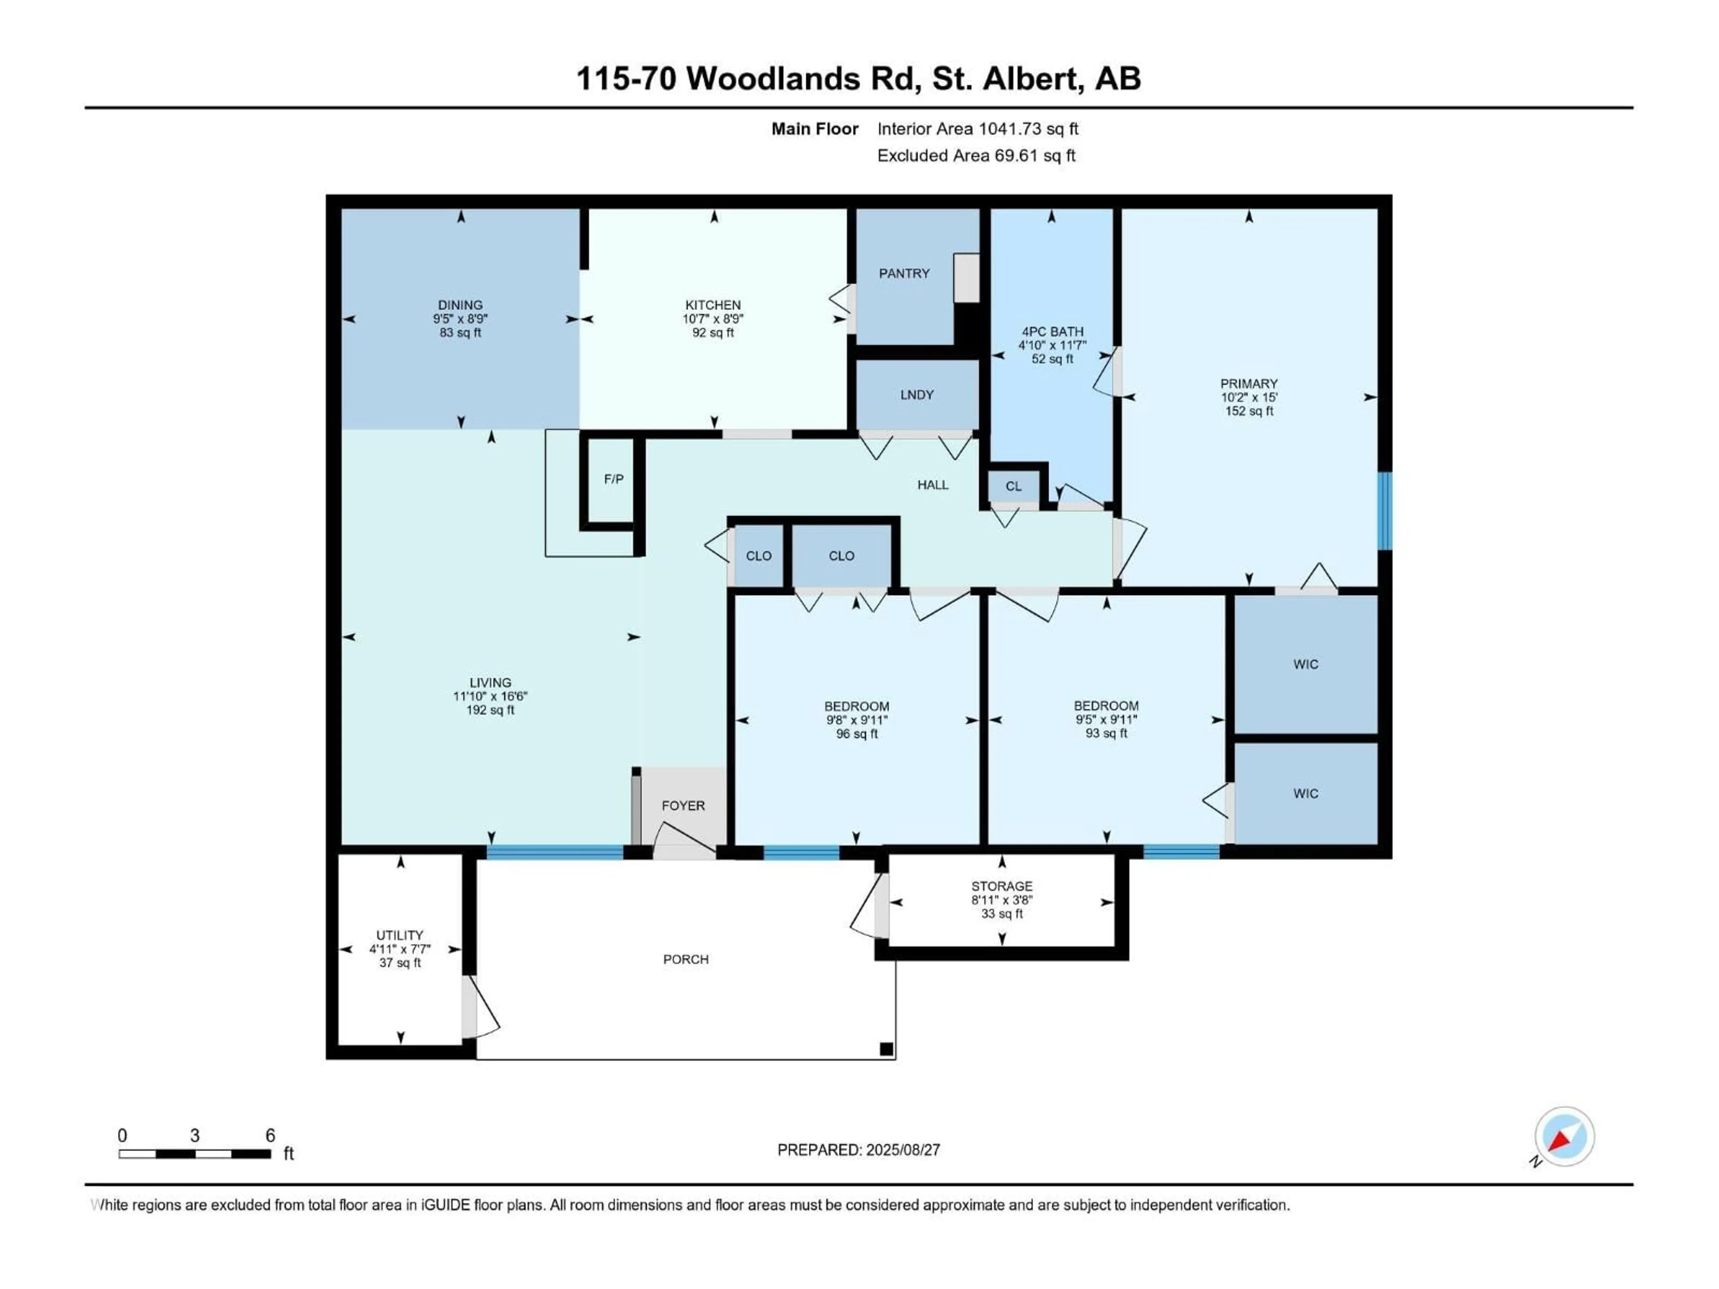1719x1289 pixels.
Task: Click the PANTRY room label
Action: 904,273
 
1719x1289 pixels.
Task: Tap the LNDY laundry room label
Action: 916,395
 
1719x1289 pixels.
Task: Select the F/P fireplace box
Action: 613,479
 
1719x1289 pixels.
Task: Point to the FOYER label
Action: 683,806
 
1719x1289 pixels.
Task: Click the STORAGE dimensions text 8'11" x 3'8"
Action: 1002,900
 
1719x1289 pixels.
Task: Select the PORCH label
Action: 685,960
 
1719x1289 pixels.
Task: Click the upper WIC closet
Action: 1305,664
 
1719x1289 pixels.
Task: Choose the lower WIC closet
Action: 1305,793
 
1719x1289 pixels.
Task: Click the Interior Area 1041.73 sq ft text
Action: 978,129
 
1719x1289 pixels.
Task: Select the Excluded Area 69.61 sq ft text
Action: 976,155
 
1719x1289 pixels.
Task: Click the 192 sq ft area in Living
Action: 490,710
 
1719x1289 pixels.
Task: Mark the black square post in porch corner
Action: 886,1049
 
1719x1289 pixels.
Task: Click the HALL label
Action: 932,485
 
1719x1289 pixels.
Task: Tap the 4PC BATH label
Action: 1052,332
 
